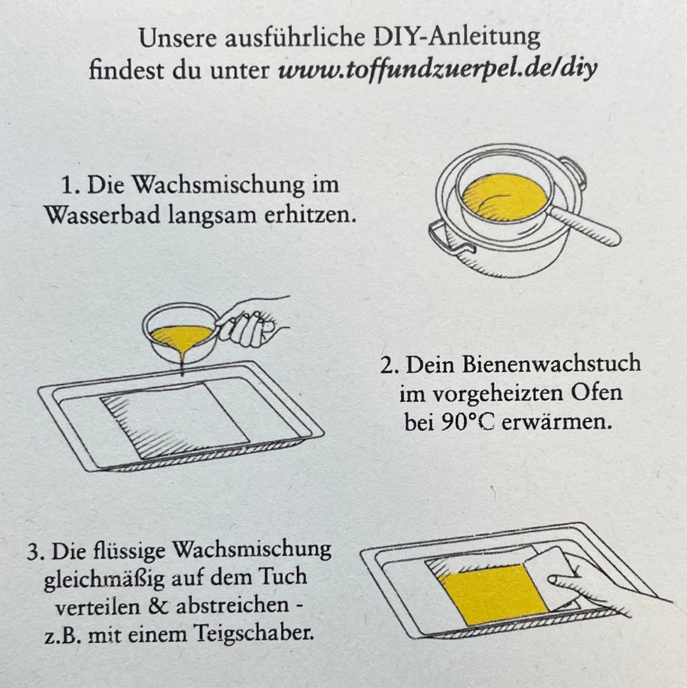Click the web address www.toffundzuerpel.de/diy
(438, 69)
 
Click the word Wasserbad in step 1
(94, 214)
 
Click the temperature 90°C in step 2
(468, 423)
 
